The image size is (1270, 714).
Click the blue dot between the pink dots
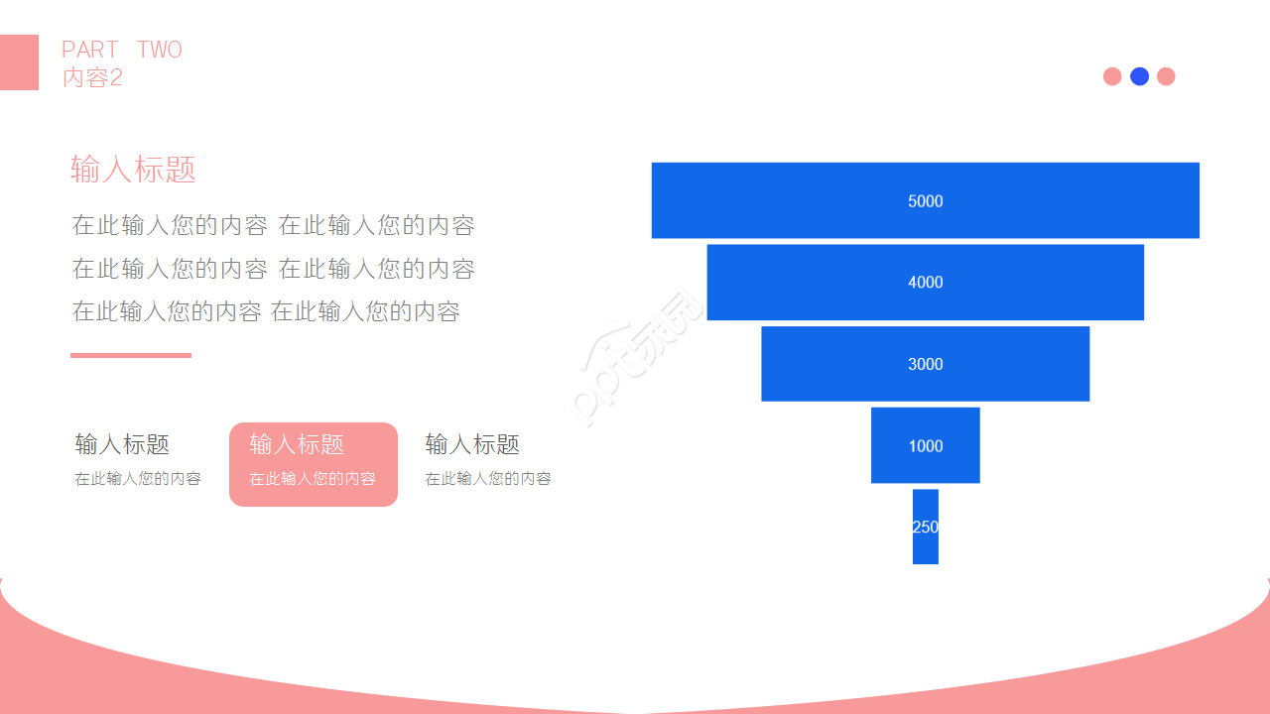(x=1139, y=76)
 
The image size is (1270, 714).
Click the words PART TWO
(x=122, y=50)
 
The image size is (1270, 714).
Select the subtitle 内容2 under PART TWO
(x=92, y=77)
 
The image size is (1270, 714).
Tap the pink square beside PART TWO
(x=19, y=62)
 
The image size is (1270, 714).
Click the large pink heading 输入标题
(x=133, y=170)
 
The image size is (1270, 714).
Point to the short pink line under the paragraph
(x=131, y=355)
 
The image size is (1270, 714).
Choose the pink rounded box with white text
(x=314, y=464)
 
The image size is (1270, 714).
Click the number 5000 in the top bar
(x=926, y=201)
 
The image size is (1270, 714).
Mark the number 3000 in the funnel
(x=926, y=364)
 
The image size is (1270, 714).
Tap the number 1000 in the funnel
(x=926, y=446)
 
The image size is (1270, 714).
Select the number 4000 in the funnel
(x=926, y=283)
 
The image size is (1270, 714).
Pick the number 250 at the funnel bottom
(x=926, y=527)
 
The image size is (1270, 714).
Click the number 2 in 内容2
(x=116, y=77)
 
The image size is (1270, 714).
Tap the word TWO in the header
(x=160, y=50)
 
